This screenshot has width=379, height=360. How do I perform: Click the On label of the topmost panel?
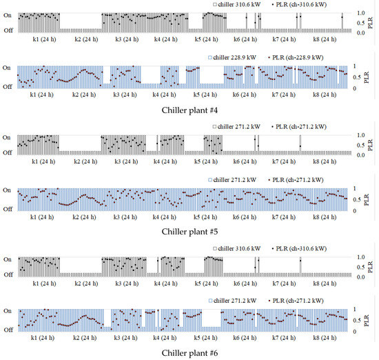pyautogui.click(x=7, y=13)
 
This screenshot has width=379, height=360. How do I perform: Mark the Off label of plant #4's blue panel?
pyautogui.click(x=7, y=86)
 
